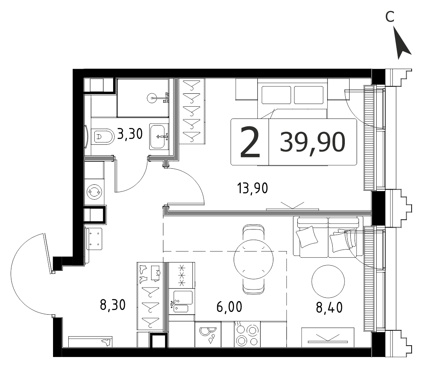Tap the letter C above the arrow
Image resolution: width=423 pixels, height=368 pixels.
(390, 17)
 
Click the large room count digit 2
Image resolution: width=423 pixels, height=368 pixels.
(250, 142)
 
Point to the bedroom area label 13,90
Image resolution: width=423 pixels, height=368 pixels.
(253, 188)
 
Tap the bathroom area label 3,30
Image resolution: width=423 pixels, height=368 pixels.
(130, 134)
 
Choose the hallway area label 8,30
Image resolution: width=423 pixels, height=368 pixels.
(113, 305)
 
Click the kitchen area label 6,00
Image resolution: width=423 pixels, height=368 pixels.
(229, 307)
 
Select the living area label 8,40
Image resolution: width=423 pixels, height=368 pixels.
(329, 307)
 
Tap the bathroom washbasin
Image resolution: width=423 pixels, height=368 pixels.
(159, 137)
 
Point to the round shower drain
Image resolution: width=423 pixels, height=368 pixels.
(152, 98)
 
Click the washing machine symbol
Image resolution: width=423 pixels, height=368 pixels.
(94, 192)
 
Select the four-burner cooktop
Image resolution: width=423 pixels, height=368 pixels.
(247, 334)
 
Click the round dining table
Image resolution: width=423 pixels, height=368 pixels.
(254, 260)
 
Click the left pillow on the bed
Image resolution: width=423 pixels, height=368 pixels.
(276, 95)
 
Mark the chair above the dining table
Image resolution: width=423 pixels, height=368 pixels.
(253, 232)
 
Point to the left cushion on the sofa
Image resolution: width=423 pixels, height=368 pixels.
(307, 237)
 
